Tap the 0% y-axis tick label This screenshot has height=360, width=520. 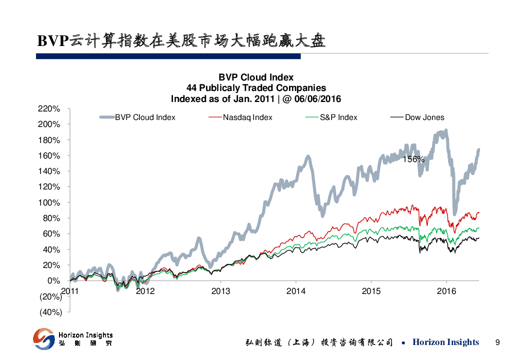[54, 280]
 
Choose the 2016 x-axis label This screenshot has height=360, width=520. [446, 290]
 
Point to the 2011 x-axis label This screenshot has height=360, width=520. [69, 290]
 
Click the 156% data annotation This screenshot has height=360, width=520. [413, 159]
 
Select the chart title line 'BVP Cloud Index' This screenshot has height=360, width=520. [256, 77]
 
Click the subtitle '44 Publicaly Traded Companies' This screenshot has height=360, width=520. [256, 88]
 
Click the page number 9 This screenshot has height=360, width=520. [497, 342]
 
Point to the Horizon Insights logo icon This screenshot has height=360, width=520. [44, 338]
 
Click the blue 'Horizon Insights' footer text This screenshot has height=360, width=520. [445, 342]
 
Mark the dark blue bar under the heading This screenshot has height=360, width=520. [168, 57]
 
